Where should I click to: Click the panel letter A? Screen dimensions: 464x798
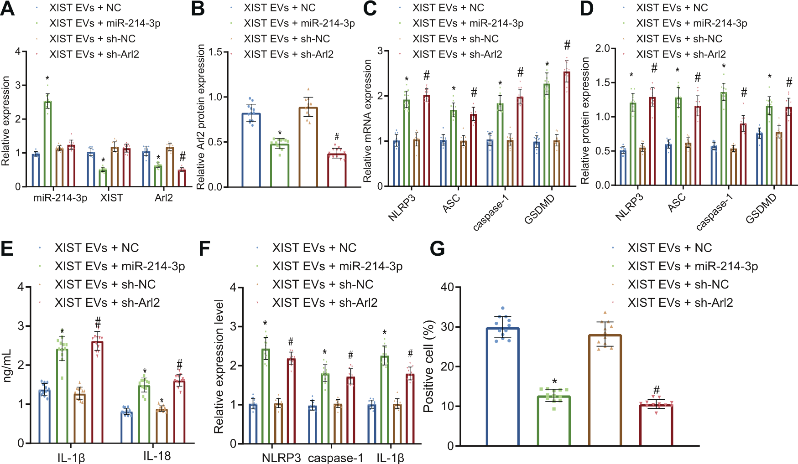[8, 9]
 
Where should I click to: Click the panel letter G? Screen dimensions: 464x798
[437, 249]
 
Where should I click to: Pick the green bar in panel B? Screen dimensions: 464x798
[279, 165]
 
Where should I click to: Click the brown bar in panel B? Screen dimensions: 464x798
[308, 147]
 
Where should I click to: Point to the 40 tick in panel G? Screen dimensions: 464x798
[447, 287]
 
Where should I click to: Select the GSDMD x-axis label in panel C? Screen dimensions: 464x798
[539, 209]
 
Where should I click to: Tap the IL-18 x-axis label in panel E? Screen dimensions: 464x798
[157, 456]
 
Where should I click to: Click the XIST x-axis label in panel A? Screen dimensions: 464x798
[111, 198]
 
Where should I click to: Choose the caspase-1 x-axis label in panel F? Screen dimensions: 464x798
[336, 458]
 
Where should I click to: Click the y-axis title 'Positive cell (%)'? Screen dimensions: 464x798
[428, 366]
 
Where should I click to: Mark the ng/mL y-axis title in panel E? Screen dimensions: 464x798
[7, 366]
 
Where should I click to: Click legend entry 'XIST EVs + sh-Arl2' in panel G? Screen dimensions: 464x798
[680, 303]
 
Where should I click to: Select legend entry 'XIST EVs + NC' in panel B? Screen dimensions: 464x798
[279, 8]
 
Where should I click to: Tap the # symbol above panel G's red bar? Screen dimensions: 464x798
[656, 390]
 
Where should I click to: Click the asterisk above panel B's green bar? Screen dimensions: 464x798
[280, 134]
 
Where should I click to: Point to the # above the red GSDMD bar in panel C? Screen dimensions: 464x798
[567, 45]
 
